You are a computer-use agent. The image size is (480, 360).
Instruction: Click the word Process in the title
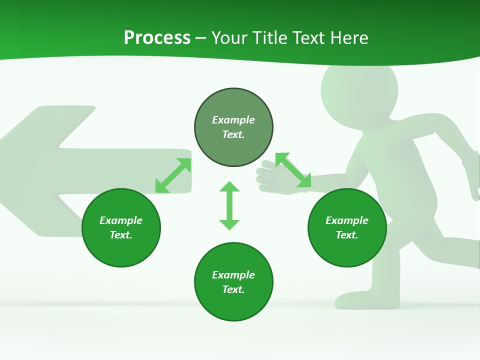click(x=157, y=38)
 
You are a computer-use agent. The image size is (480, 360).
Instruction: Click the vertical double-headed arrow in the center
click(x=229, y=205)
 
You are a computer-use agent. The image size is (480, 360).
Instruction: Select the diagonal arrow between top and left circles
click(x=173, y=175)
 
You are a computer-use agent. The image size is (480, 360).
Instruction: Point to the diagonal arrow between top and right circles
click(x=293, y=170)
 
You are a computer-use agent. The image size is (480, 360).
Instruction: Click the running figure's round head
click(x=359, y=90)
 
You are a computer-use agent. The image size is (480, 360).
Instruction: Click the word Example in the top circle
click(x=233, y=120)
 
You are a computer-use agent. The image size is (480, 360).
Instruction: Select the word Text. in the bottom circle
click(x=233, y=289)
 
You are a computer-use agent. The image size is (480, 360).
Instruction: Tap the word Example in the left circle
click(x=121, y=220)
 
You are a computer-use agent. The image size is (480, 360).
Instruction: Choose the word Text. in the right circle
click(x=347, y=235)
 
